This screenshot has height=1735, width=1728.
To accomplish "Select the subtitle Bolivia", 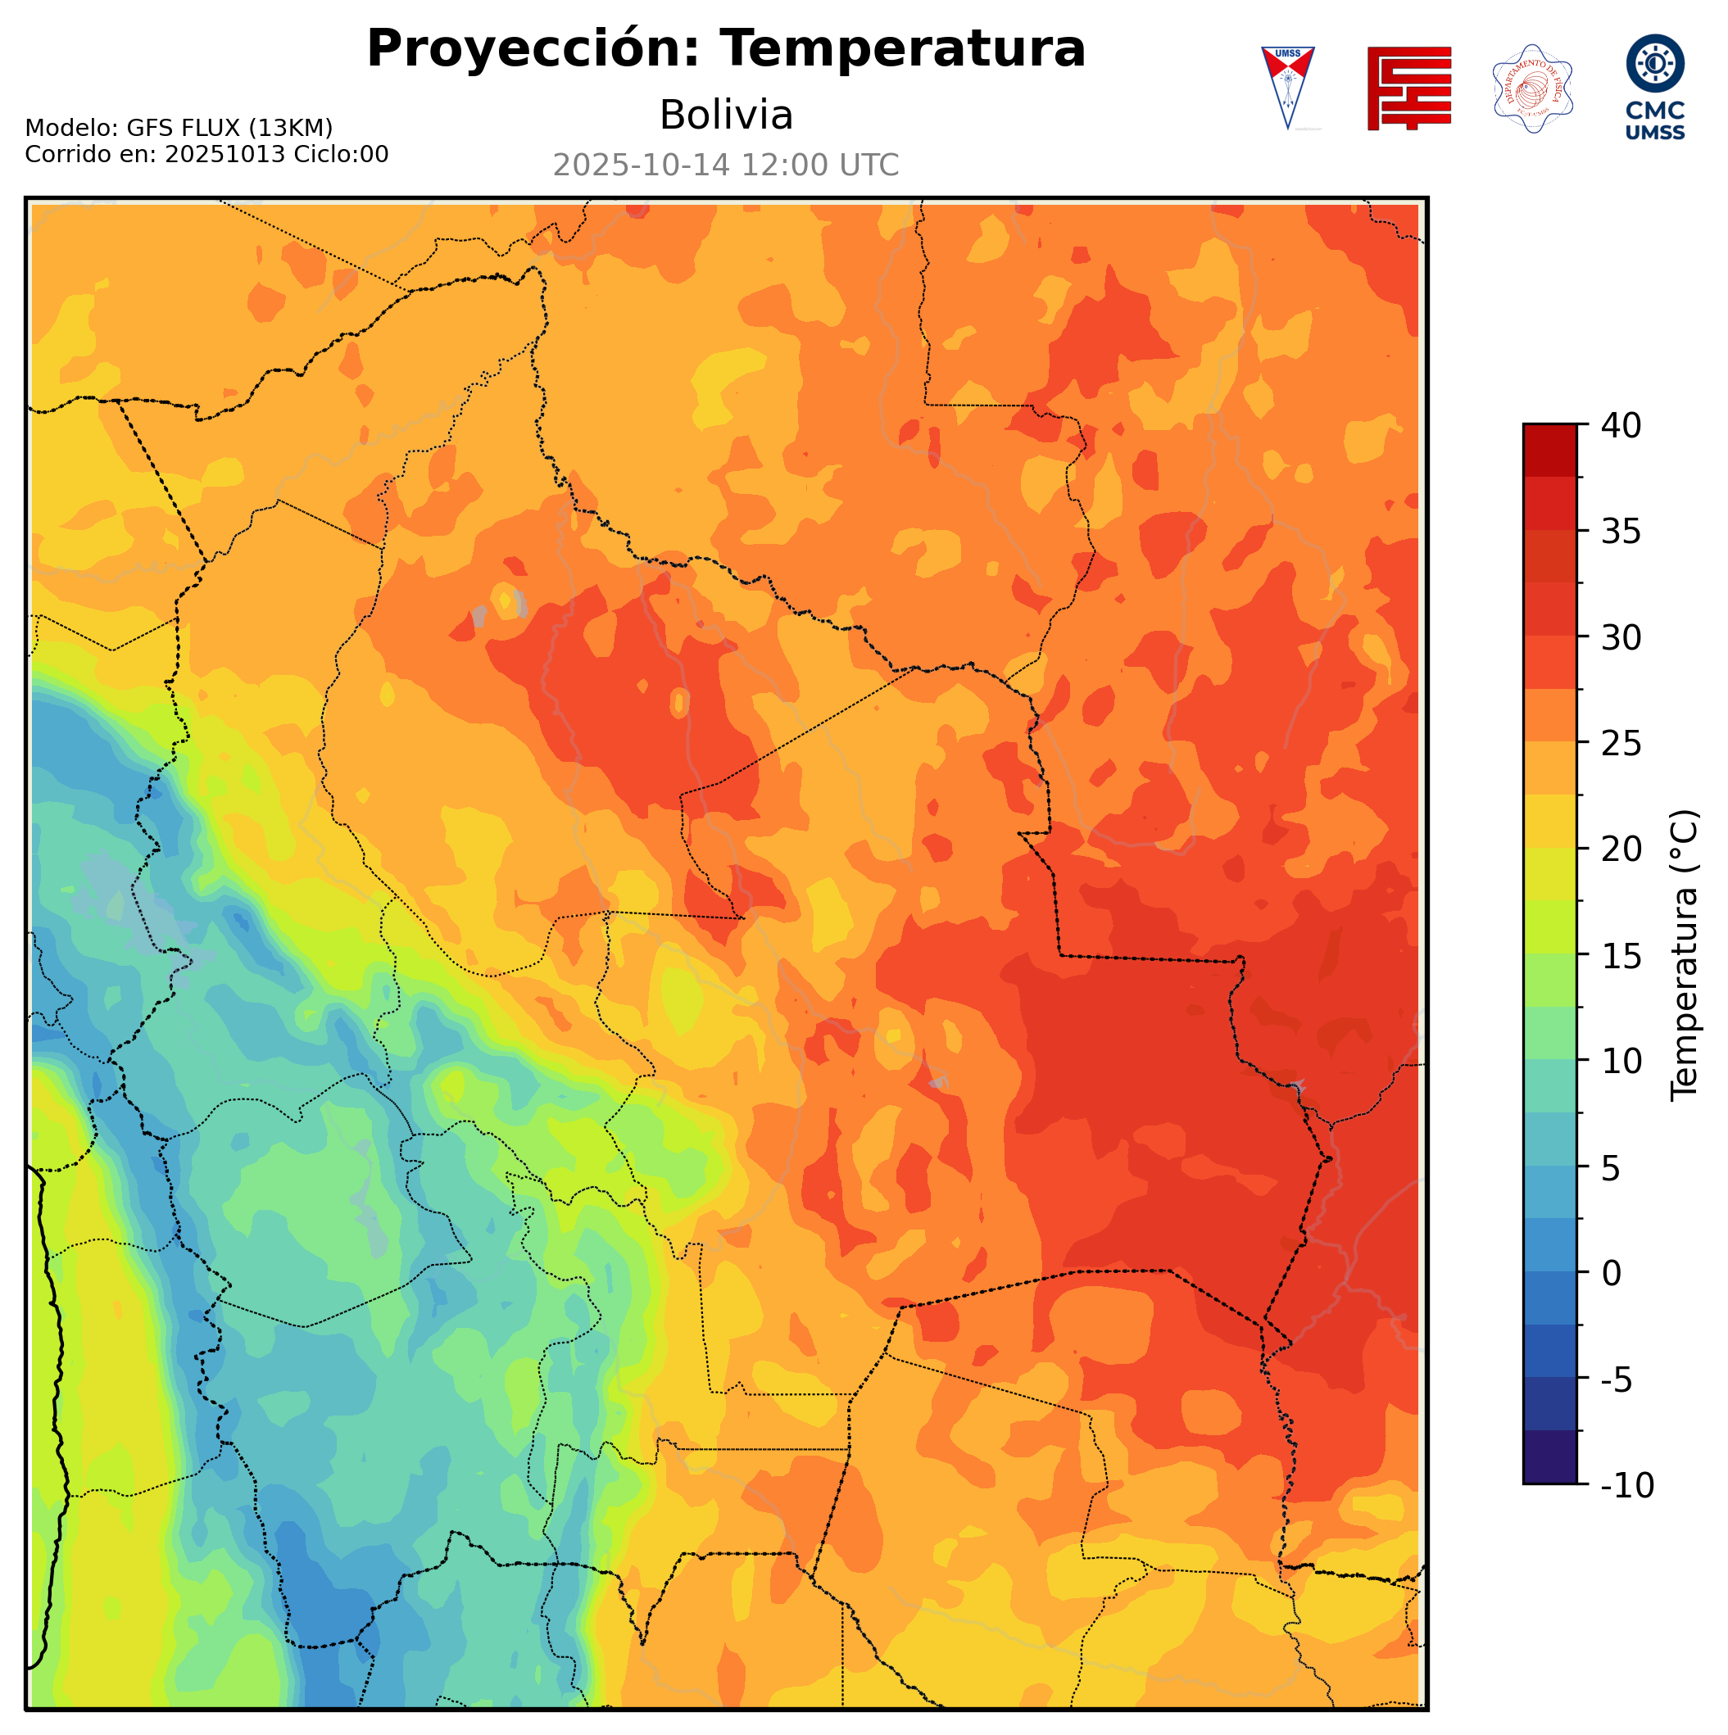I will (726, 116).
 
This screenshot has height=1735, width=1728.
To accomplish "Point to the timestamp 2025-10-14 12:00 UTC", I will (726, 166).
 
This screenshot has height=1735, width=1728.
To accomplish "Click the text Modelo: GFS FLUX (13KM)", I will (179, 129).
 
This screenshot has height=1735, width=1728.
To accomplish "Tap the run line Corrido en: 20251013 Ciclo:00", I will (206, 155).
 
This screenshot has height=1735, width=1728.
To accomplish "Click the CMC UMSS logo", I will (1654, 87).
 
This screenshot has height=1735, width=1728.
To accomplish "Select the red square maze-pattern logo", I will (1408, 88).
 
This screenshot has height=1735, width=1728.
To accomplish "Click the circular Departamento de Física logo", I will (1532, 88).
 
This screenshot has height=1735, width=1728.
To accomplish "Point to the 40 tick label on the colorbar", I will (1621, 426).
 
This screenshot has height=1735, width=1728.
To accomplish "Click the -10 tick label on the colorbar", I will (1626, 1485).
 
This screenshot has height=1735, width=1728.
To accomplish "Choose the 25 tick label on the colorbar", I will (1621, 744).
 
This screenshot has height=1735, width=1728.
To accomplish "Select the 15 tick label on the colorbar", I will (1621, 955).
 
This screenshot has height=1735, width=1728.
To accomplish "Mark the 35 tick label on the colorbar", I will (1621, 532).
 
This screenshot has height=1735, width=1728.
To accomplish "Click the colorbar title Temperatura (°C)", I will (1685, 955).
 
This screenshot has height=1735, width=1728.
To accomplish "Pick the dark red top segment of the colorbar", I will (1549, 450).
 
